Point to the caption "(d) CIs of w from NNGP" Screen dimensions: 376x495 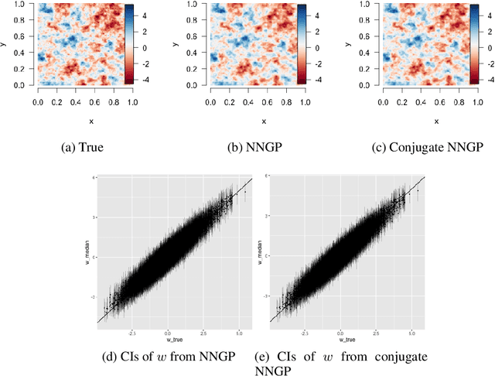click(167, 357)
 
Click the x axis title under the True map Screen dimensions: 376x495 click(84, 121)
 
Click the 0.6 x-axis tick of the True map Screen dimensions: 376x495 click(93, 101)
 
